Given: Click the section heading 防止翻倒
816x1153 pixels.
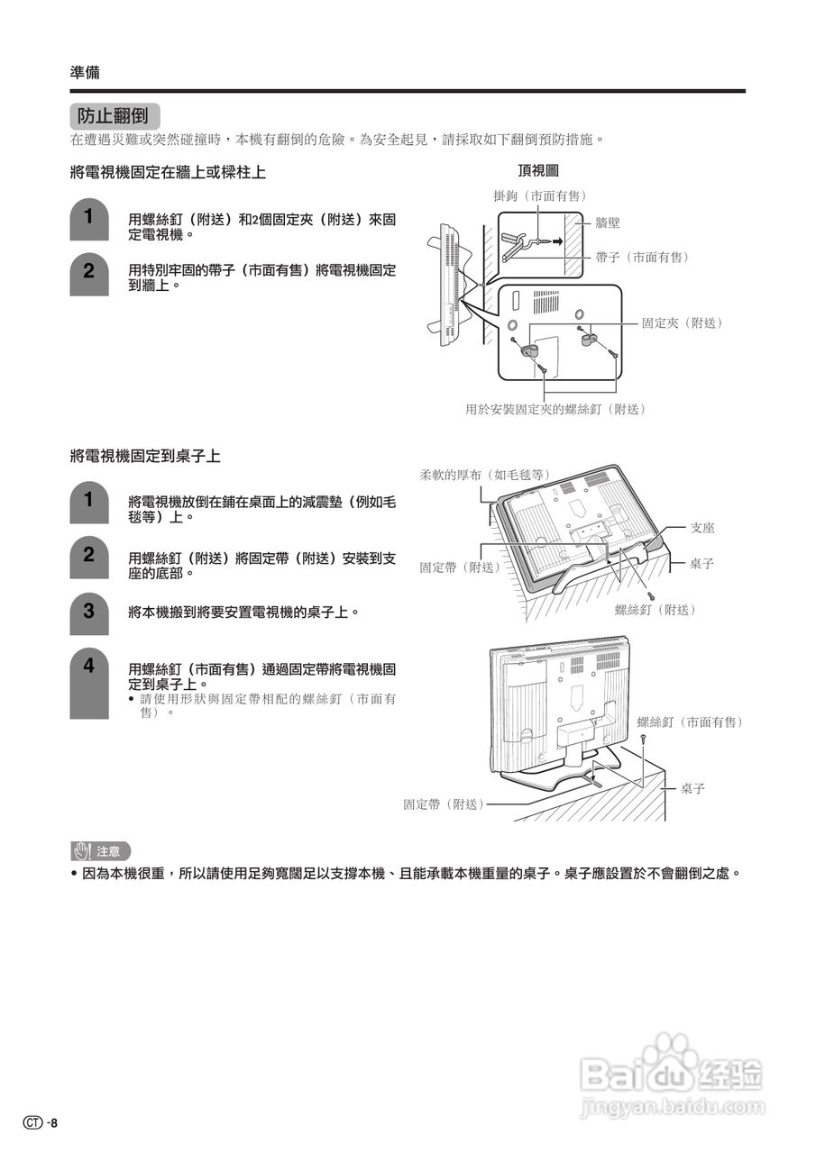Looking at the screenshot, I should click(x=114, y=116).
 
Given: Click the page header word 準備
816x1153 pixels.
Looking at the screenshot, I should click(x=85, y=73).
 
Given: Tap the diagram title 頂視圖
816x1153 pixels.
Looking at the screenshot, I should click(x=538, y=170).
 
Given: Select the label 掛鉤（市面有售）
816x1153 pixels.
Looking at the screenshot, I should click(x=540, y=195).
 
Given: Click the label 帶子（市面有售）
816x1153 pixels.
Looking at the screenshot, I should click(x=641, y=258).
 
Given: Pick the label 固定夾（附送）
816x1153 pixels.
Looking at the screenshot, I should click(x=683, y=322).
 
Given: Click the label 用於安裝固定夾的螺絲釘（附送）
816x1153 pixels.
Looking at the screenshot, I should click(x=555, y=409).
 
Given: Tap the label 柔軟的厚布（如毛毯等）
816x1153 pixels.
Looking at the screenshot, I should click(x=484, y=474).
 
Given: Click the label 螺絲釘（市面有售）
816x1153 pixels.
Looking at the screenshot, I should click(x=690, y=722).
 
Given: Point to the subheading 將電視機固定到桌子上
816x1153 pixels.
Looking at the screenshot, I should click(x=145, y=456).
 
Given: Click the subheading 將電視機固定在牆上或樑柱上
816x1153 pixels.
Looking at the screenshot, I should click(x=168, y=171).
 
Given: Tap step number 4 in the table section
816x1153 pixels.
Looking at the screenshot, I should click(x=88, y=667).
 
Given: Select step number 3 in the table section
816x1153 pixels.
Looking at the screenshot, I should click(x=88, y=611).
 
